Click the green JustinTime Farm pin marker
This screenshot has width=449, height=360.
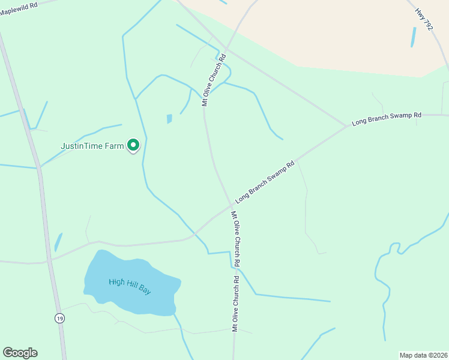coord(133,146)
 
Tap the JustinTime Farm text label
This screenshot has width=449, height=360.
coord(92,146)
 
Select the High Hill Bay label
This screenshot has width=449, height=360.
coord(130,286)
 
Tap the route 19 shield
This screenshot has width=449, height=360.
coord(59,317)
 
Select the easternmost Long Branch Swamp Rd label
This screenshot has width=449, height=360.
coord(387,118)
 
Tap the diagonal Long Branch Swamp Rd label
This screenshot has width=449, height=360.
coord(265,181)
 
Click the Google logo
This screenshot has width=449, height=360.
coord(20,353)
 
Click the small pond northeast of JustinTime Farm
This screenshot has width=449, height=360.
coord(169,119)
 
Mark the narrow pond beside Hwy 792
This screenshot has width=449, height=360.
coord(413,37)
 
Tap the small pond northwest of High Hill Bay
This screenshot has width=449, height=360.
coord(58,242)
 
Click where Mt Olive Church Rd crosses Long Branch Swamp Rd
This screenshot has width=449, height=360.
coord(231,207)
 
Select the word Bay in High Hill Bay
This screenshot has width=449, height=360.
coord(145,290)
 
